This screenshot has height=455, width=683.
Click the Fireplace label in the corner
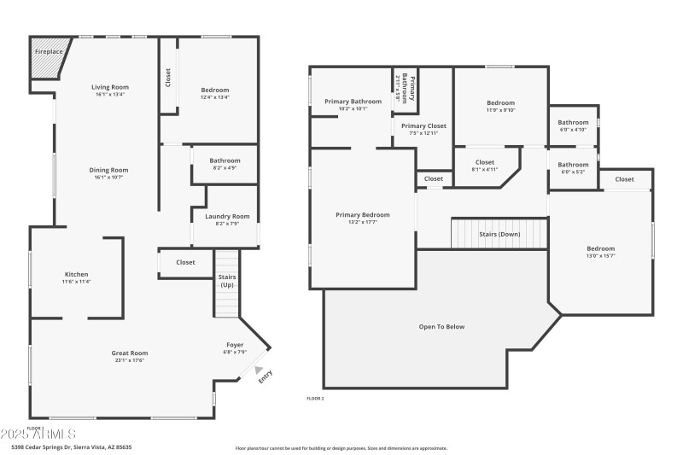49,52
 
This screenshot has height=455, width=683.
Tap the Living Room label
110,87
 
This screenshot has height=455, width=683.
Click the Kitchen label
76,274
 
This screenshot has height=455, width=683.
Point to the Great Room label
130,353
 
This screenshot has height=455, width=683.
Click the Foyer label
234,345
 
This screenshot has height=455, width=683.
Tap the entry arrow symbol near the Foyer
248,370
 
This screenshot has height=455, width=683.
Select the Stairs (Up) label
227,281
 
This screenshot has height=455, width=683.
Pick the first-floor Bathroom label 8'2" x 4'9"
225,160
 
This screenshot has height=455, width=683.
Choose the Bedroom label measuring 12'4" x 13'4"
215,90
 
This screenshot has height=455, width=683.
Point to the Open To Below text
441,326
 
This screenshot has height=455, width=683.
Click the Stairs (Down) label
499,233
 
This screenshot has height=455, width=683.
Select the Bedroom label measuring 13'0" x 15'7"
600,248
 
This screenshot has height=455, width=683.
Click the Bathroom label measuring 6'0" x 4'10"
573,122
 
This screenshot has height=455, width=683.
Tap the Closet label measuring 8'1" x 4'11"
484,162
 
